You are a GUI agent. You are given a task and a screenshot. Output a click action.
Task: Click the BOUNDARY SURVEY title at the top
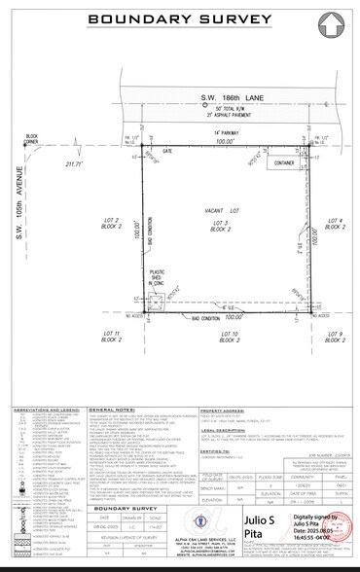pos(180,18)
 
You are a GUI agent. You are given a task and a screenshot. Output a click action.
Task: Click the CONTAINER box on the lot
pos(283,163)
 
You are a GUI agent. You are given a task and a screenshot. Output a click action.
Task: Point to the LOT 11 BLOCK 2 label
pos(111,337)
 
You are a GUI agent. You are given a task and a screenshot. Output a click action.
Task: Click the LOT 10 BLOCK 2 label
pos(228,337)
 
